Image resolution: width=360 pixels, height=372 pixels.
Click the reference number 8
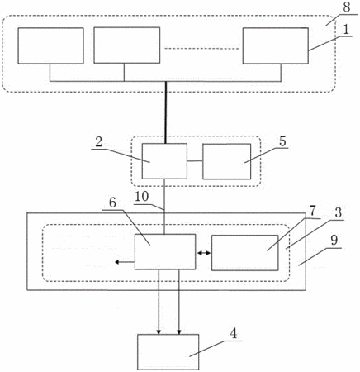pos(346,7)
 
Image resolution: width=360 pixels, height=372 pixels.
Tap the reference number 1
pos(346,30)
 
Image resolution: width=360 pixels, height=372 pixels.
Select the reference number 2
pos(98,142)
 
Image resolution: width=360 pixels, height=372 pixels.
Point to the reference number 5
pos(282,141)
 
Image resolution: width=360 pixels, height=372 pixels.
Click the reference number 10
pos(142,197)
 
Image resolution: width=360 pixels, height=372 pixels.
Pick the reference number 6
pos(113,203)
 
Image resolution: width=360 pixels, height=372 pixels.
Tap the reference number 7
pos(312,212)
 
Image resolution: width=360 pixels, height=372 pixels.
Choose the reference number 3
pos(338,213)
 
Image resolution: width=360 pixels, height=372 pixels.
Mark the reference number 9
pos(334,241)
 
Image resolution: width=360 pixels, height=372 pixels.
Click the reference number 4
pos(234,334)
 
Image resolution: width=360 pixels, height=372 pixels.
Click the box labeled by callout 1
pos(276,45)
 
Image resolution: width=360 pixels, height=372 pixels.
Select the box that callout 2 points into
pos(164,161)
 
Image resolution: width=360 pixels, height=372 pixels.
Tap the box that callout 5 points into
pos(227,161)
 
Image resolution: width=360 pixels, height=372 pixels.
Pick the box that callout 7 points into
pos(245,253)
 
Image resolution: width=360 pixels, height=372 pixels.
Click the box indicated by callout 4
pos(168,352)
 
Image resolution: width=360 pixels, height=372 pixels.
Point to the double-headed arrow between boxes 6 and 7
pos(204,253)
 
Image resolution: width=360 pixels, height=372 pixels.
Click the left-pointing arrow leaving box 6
pos(125,262)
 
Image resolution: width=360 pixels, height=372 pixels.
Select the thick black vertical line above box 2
pos(166,112)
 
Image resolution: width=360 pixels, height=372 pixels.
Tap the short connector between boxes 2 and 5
pos(195,161)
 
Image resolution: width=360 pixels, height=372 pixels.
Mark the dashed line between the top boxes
pos(201,49)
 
